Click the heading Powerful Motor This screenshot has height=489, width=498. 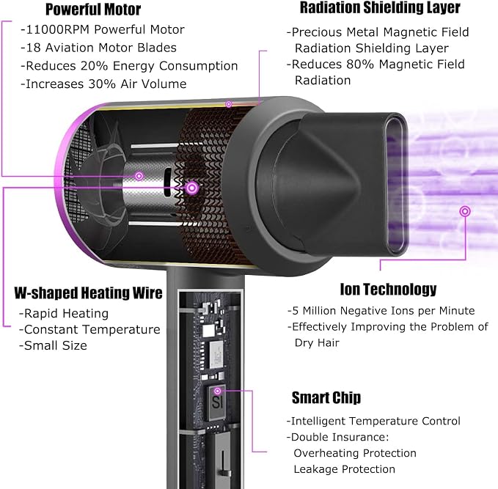(93, 10)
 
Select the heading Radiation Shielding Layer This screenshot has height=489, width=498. (380, 8)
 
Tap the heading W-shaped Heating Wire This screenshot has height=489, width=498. (88, 293)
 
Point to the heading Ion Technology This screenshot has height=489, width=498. (388, 290)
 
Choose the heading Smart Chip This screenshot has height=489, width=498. (326, 397)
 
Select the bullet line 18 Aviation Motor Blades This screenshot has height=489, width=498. (99, 48)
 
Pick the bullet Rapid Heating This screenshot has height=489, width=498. (64, 313)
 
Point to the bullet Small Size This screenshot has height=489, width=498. (53, 345)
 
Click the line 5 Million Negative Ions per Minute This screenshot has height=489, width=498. (381, 311)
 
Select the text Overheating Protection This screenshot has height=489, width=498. (355, 453)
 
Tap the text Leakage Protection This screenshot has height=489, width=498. (345, 469)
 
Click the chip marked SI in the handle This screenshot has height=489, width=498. (218, 402)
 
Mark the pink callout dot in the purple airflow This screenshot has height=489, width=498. (465, 211)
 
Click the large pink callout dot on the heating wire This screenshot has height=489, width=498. (192, 188)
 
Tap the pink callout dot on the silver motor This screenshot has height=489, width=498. (139, 176)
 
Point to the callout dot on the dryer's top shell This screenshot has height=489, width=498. (229, 104)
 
